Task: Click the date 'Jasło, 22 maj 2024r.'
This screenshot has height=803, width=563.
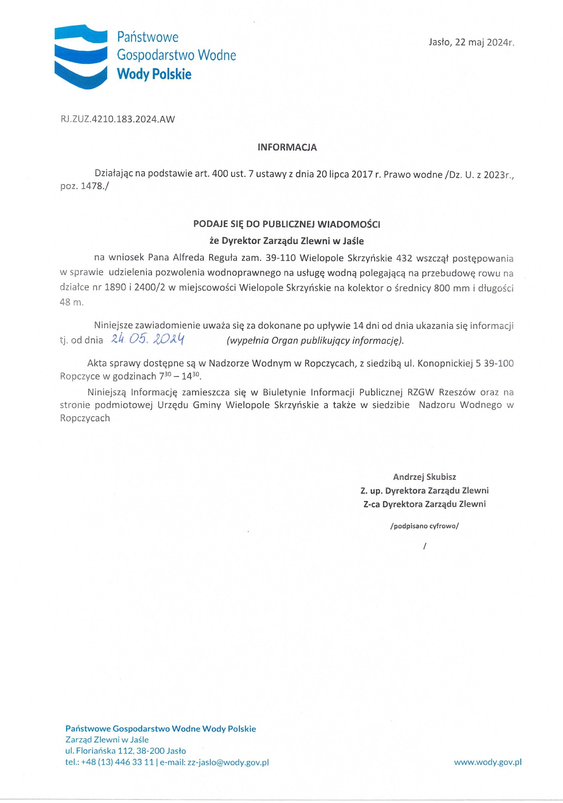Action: coord(471,43)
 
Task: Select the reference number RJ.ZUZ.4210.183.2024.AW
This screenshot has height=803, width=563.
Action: coord(117,119)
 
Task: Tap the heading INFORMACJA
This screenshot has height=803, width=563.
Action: coord(287,147)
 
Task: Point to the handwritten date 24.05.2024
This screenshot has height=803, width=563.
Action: coord(148,339)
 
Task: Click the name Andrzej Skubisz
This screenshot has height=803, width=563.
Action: coord(424,477)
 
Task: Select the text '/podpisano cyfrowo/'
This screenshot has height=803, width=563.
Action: coord(424,526)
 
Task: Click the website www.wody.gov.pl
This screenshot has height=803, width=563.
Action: coord(488,762)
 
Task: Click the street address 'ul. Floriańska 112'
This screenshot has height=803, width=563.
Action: coord(99,751)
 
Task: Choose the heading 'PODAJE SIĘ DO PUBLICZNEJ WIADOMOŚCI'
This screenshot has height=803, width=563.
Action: coord(287,224)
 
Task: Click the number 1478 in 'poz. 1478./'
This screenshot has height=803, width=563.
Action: coord(91,186)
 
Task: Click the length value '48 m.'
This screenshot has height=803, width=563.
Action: coord(72,302)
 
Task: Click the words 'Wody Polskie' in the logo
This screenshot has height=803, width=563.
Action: coord(154,74)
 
